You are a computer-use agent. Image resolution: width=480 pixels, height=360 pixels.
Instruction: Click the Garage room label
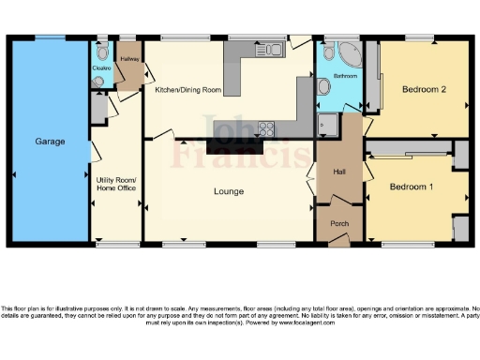click(50, 142)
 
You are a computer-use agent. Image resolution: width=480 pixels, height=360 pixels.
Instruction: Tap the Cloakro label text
click(102, 68)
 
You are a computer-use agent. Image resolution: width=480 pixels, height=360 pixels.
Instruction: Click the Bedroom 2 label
click(423, 90)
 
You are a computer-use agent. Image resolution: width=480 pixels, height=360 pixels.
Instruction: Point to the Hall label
click(340, 172)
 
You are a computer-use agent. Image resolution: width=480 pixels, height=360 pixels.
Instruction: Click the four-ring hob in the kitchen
click(266, 128)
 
